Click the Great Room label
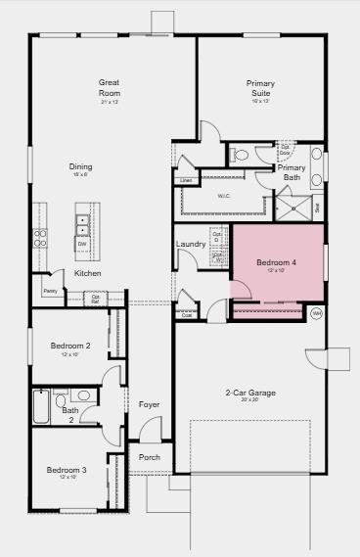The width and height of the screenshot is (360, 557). pos(110,87)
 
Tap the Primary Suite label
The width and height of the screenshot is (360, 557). pos(260,87)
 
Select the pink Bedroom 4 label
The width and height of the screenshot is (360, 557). pos(276,263)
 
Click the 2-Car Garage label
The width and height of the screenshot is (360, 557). pos(250,394)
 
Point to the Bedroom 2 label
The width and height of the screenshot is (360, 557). pos(71,346)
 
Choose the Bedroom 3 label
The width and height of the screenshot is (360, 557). pos(67,471)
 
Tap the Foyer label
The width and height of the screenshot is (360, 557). pos(149,404)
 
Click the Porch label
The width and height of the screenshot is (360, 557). pos(149,457)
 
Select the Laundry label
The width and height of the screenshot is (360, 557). pos(190,244)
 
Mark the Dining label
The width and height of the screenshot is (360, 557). pos(80,167)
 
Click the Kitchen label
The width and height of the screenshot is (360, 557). pos(88,273)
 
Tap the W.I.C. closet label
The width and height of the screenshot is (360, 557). pos(224,196)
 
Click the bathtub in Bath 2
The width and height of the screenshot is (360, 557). pos(41,405)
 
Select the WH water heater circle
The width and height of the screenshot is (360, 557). pos(316,313)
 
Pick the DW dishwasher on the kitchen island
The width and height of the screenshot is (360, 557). pos(83,244)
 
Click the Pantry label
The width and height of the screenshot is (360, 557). pos(50,291)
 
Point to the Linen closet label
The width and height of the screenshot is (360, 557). pos(186,181)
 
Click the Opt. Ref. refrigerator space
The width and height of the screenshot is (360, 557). pos(95,299)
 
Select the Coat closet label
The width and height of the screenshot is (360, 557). pos(186,315)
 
